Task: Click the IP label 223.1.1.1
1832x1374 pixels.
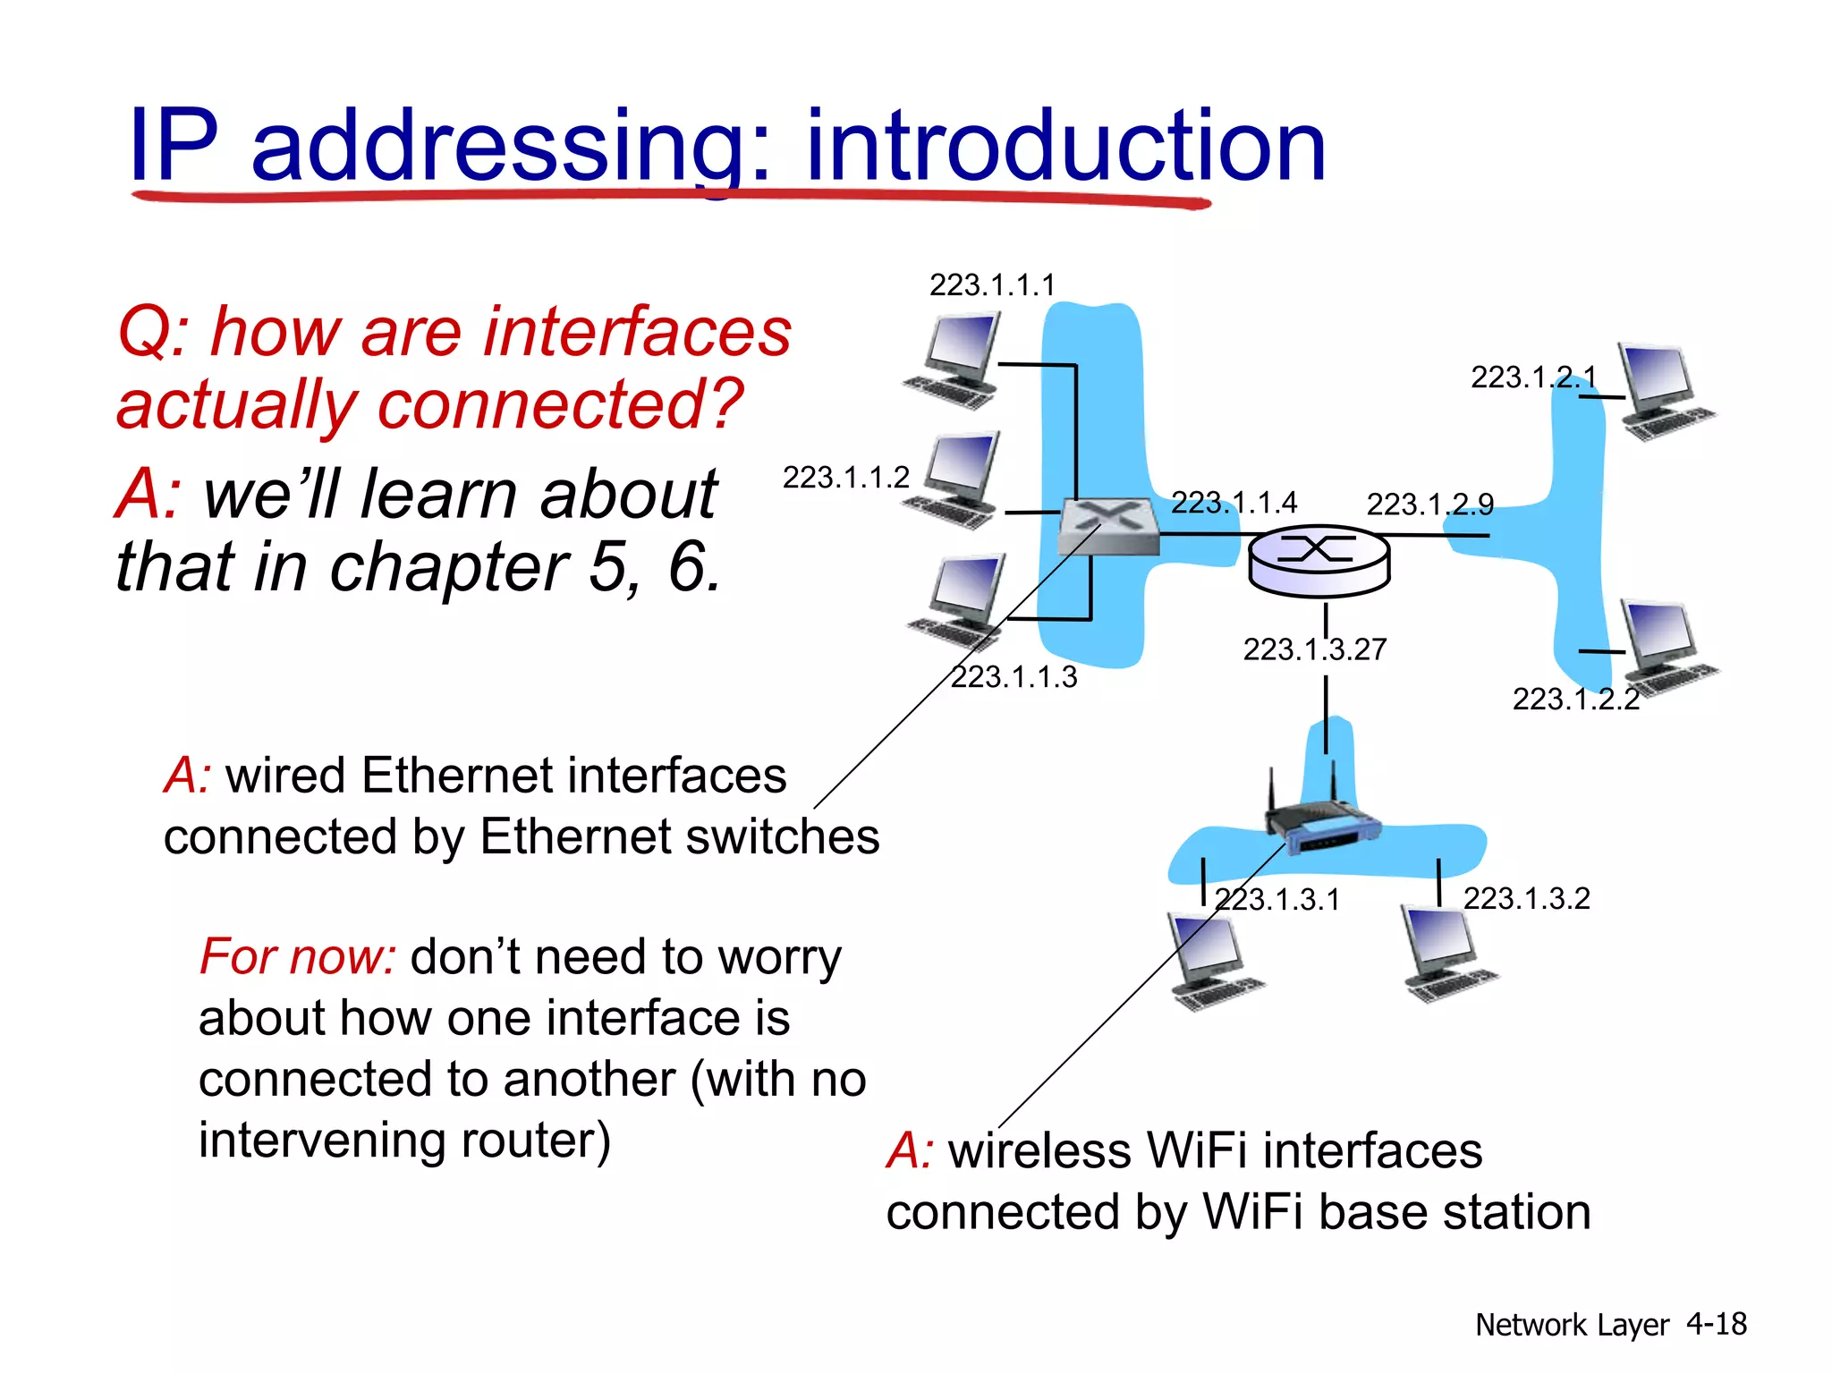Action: pyautogui.click(x=992, y=285)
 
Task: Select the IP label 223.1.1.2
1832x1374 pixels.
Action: pyautogui.click(x=845, y=478)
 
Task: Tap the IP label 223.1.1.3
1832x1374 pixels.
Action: pyautogui.click(x=1014, y=677)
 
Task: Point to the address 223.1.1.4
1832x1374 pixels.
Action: pyautogui.click(x=1234, y=503)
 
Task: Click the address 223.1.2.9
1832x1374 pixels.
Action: pyautogui.click(x=1429, y=505)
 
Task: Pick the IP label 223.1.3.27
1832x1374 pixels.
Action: pyautogui.click(x=1314, y=649)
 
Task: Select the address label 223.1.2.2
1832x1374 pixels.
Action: pyautogui.click(x=1575, y=699)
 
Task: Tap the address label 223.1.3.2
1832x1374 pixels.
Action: pyautogui.click(x=1526, y=898)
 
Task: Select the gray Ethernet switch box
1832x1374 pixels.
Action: pyautogui.click(x=1107, y=526)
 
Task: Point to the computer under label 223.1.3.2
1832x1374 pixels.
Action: pyautogui.click(x=1445, y=954)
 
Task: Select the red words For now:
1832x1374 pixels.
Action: pyautogui.click(x=298, y=956)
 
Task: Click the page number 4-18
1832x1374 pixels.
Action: pyautogui.click(x=1716, y=1324)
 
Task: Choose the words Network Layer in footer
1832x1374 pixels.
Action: pyautogui.click(x=1571, y=1325)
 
